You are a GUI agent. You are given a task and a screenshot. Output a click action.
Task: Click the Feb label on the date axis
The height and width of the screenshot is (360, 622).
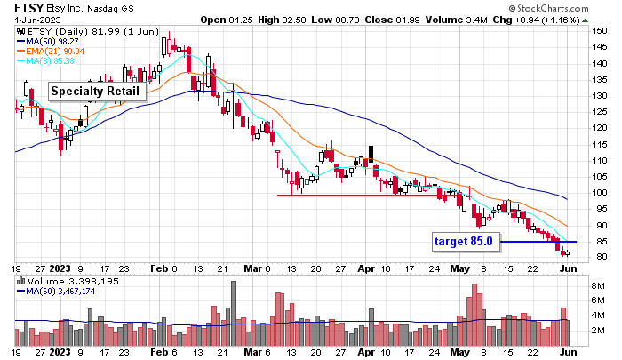pyautogui.click(x=160, y=267)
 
